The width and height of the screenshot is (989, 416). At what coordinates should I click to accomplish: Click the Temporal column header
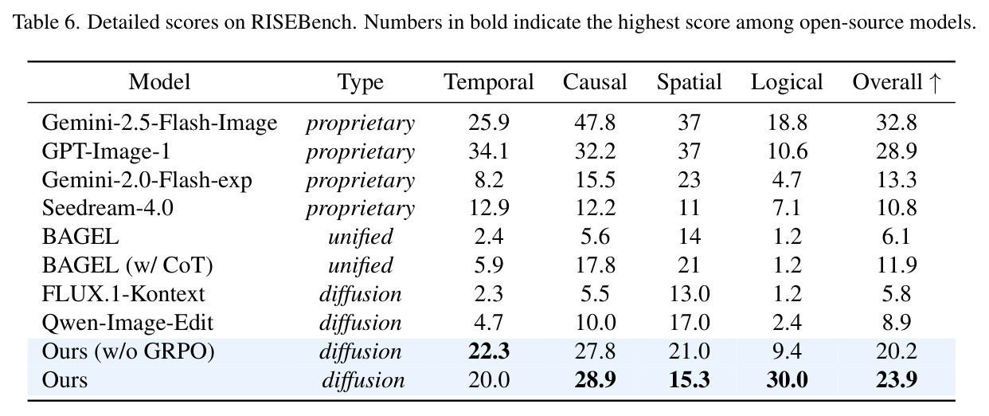(x=489, y=82)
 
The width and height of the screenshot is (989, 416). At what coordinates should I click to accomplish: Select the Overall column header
(x=887, y=82)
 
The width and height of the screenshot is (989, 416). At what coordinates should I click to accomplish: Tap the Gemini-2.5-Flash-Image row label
(x=159, y=124)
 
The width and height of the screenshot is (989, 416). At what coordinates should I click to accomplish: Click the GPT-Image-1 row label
(x=106, y=151)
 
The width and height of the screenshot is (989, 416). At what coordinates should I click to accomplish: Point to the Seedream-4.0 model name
(x=107, y=208)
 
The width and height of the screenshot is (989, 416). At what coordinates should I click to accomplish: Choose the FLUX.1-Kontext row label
(x=123, y=294)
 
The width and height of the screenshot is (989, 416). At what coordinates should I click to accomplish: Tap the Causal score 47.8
(x=595, y=123)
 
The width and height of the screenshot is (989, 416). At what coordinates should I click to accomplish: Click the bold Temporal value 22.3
(x=489, y=351)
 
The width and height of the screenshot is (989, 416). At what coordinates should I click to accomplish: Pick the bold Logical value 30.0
(x=787, y=380)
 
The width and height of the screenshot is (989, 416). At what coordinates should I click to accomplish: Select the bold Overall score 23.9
(x=897, y=380)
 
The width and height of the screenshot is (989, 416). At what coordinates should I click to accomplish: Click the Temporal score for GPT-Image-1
(x=489, y=151)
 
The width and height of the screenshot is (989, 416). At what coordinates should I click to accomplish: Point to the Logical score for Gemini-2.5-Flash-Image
(x=788, y=123)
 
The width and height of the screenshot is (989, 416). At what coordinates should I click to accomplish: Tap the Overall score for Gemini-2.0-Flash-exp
(x=897, y=180)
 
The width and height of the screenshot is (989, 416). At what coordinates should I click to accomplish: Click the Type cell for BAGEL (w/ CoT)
(x=360, y=265)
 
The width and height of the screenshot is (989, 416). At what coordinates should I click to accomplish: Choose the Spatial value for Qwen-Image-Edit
(x=690, y=323)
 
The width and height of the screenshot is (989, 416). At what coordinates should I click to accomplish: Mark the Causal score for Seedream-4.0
(x=595, y=208)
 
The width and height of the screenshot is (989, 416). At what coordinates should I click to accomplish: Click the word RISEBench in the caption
(x=303, y=22)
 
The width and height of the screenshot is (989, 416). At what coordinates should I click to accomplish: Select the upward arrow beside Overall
(x=935, y=83)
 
